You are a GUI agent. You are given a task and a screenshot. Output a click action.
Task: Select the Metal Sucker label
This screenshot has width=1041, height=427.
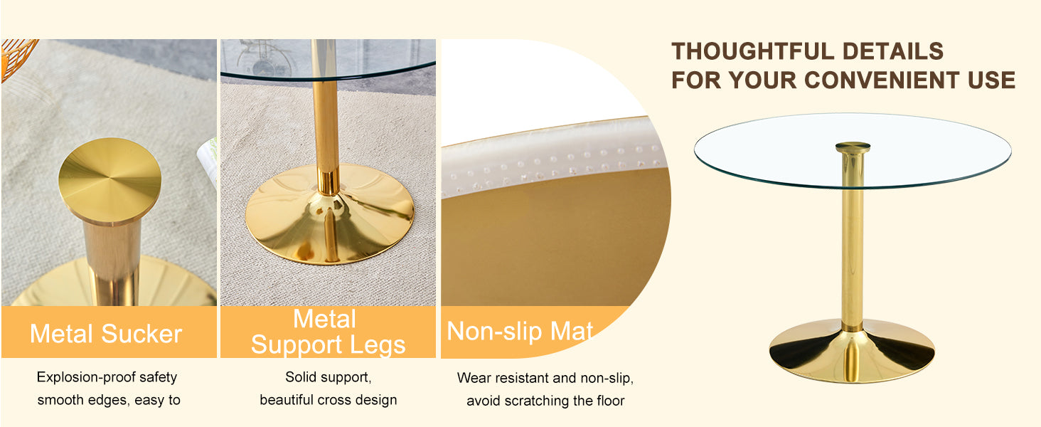[106, 333]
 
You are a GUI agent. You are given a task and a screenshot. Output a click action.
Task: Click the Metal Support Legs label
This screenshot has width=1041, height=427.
[327, 332]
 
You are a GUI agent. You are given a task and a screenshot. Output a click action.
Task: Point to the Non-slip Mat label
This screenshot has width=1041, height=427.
[520, 332]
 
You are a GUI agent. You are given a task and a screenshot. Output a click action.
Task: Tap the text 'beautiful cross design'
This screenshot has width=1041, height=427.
[328, 400]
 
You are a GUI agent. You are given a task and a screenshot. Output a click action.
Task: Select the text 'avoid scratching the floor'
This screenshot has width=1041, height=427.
[545, 401]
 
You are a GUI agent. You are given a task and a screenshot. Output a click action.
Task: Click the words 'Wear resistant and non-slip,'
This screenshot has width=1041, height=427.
[545, 378]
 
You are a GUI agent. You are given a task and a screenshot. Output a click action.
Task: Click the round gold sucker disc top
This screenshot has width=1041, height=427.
[110, 179]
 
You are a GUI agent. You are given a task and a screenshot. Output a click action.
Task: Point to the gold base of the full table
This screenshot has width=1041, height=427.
[851, 352]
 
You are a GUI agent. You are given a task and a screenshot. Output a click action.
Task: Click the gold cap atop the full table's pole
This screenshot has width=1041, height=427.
[853, 147]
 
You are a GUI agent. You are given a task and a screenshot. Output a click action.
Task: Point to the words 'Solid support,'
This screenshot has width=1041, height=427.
[328, 377]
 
